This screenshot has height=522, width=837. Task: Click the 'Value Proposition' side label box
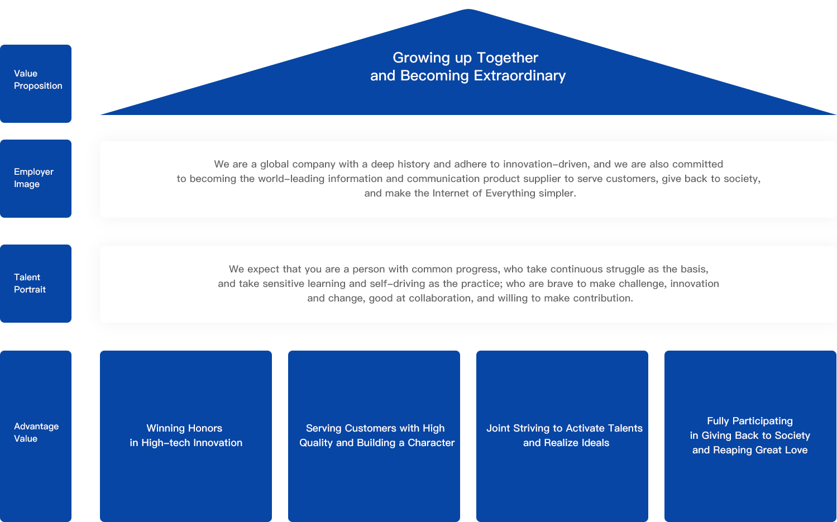[36, 83]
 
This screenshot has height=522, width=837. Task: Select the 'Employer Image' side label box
[36, 178]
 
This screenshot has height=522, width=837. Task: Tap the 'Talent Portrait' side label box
[36, 283]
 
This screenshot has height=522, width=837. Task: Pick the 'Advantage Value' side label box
[36, 435]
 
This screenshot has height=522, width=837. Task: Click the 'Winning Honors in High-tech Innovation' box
[185, 435]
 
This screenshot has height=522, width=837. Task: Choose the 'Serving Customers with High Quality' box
[374, 435]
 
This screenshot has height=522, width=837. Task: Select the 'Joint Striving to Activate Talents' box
[562, 435]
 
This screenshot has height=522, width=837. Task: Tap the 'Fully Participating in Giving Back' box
[750, 435]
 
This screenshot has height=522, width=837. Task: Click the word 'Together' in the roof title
[507, 58]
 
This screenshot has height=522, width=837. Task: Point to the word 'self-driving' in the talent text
[398, 284]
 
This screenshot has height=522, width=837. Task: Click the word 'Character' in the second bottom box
[431, 443]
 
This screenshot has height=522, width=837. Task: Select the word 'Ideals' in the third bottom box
[595, 443]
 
